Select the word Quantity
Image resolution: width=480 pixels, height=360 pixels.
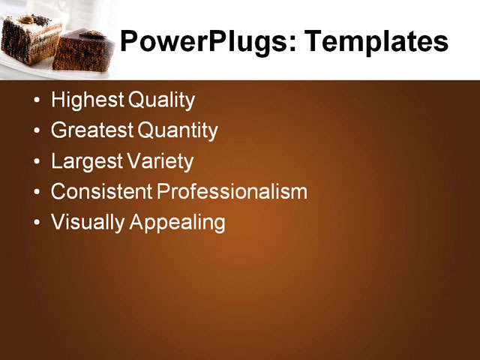pos(178,131)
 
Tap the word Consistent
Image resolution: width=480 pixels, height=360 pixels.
pos(101,192)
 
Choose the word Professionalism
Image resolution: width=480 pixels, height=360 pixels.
pos(232,192)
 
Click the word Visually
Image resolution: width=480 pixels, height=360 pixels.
pos(88,223)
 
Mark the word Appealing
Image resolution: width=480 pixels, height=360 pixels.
pos(178,223)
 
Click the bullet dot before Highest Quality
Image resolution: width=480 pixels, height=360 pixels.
pos(37,101)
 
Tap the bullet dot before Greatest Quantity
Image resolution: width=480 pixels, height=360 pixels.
pos(37,132)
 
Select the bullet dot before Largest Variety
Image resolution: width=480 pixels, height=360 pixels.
pos(37,163)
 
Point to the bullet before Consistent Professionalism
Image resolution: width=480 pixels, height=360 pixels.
pos(37,193)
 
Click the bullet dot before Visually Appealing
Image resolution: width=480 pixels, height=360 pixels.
pos(37,223)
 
